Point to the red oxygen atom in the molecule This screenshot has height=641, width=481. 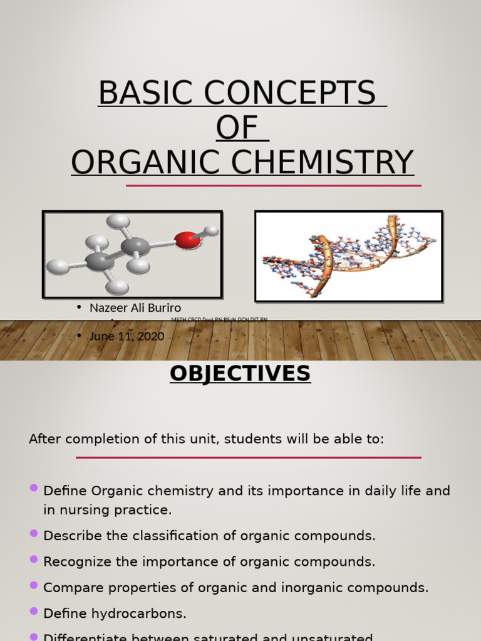187,240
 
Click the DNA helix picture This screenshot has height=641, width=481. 348,256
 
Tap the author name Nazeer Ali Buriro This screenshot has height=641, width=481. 135,308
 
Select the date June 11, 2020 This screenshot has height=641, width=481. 127,337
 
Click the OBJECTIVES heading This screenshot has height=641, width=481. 240,374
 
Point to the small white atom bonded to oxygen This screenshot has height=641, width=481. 212,231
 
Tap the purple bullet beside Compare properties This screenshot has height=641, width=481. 34,585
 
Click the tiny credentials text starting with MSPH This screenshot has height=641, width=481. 219,320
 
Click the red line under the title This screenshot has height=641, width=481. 273,186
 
